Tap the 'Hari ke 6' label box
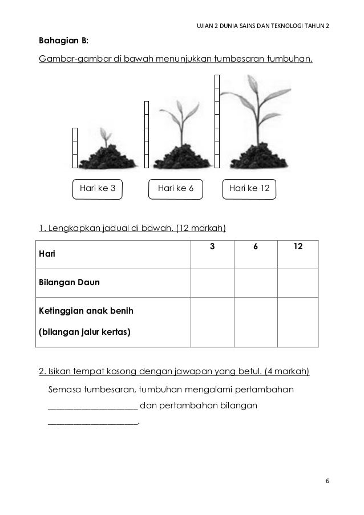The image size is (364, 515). coord(176,189)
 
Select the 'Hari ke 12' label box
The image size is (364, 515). coord(249,189)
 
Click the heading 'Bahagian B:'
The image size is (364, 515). coord(63,41)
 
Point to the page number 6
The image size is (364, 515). coord(327,481)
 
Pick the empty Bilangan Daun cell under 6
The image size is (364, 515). coord(256,283)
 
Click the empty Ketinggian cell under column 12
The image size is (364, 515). coord(298,322)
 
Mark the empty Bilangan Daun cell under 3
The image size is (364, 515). coord(212,283)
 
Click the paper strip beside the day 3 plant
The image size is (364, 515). coord(75,148)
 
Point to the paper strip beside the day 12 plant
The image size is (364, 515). coord(217,121)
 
